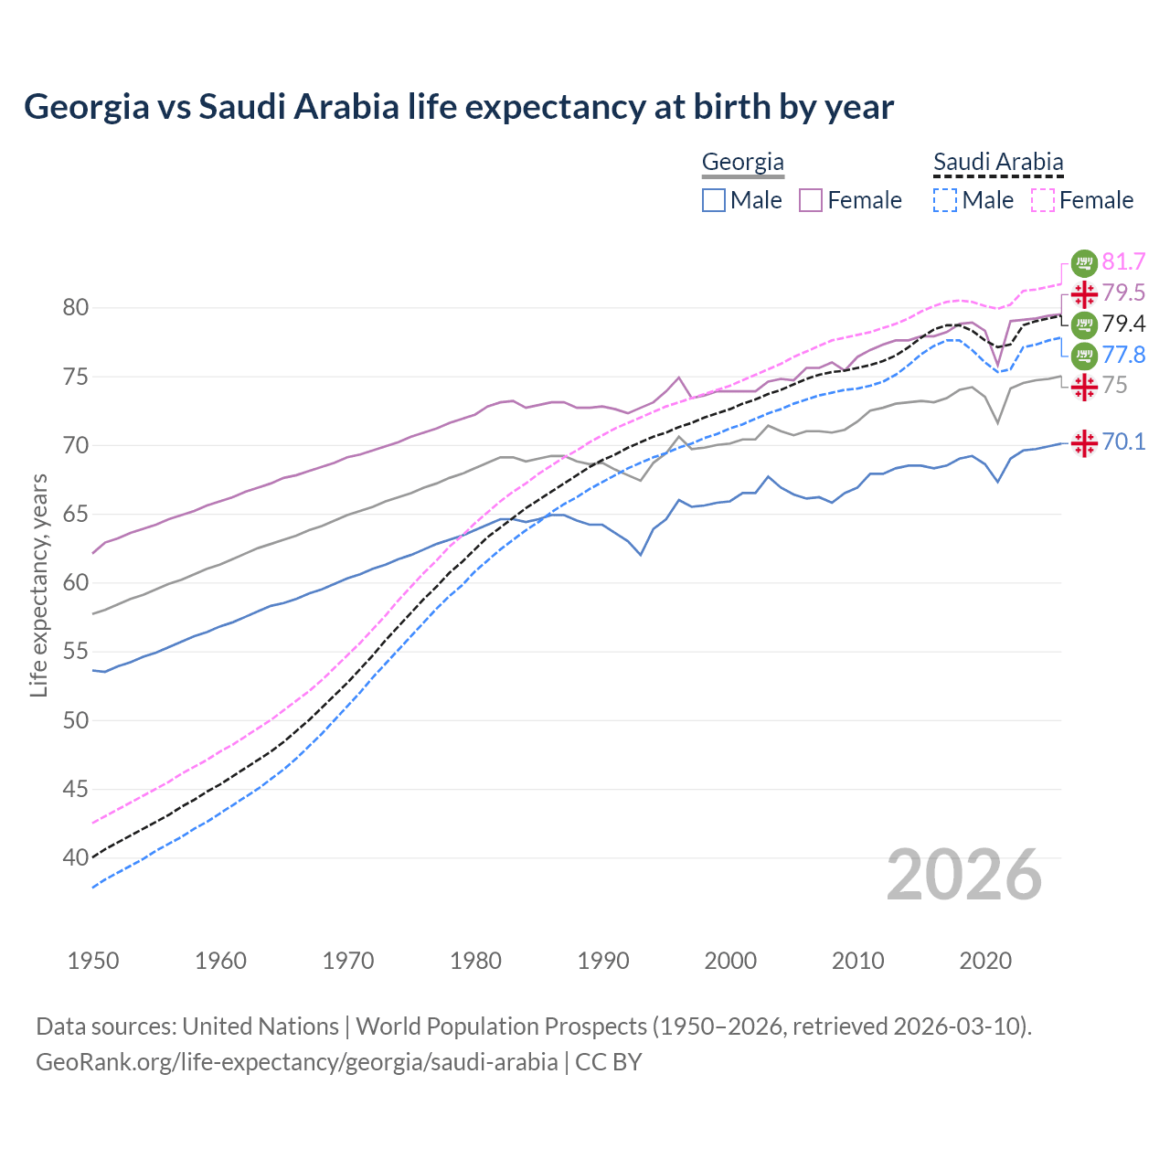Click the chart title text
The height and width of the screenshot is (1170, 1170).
click(459, 107)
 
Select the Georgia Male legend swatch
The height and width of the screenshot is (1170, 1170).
click(714, 200)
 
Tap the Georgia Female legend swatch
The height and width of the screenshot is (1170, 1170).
click(811, 200)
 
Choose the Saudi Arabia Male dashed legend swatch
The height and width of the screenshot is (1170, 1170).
click(945, 200)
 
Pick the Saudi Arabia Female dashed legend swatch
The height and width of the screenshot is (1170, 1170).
click(1042, 200)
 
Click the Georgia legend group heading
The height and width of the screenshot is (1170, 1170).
click(743, 163)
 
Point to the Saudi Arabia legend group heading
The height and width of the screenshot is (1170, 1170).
click(998, 163)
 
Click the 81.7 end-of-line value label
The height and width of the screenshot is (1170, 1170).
click(1123, 262)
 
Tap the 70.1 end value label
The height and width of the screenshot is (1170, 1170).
click(1123, 442)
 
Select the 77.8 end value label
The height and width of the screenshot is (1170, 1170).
click(1123, 355)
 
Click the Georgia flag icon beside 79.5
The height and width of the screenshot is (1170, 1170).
click(1084, 294)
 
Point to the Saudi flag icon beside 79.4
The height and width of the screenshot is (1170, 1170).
click(1084, 324)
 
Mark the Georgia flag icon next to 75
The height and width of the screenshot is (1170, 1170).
click(1084, 387)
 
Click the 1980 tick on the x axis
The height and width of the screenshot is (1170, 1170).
click(476, 961)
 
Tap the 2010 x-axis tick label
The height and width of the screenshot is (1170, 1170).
click(858, 961)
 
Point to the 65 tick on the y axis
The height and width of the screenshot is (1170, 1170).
click(76, 515)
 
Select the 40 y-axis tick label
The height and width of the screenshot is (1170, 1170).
click(76, 857)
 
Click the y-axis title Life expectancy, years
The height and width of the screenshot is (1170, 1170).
click(38, 585)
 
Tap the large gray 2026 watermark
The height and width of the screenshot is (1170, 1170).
click(964, 876)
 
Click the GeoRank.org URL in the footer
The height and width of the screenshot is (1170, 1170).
click(296, 1062)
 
